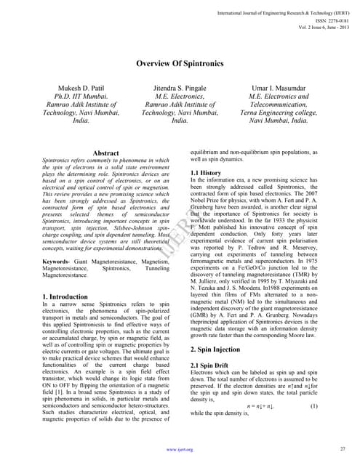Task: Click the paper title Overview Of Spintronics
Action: (x=179, y=63)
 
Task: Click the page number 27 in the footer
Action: (x=341, y=450)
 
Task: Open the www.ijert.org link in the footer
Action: (x=179, y=450)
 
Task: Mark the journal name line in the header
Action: (x=284, y=14)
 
